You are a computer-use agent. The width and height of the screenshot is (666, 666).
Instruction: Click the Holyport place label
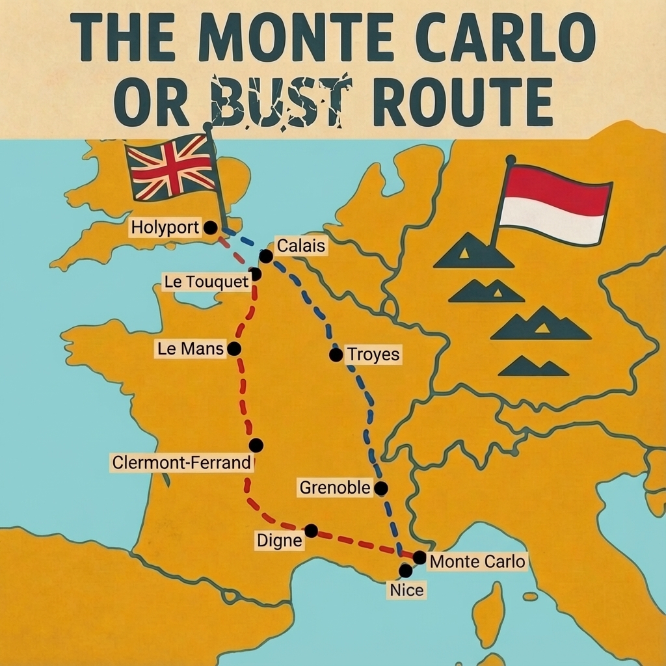click(x=165, y=228)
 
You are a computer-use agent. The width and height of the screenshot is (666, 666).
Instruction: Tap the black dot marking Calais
click(x=265, y=256)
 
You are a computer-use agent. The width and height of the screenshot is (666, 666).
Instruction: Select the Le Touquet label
click(x=206, y=282)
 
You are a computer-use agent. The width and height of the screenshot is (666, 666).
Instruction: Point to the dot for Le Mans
click(x=234, y=349)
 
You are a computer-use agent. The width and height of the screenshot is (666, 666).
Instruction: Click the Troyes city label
click(x=373, y=355)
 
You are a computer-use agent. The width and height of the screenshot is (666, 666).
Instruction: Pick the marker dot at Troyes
click(x=336, y=354)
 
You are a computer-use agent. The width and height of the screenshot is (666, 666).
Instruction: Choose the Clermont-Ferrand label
click(x=181, y=463)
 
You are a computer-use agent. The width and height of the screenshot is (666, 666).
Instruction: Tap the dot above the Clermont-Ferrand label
click(x=256, y=446)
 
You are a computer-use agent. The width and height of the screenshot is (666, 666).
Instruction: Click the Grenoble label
click(x=334, y=487)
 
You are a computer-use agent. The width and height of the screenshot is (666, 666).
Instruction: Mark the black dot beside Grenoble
click(x=381, y=488)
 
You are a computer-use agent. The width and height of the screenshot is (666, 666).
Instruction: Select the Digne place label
click(x=280, y=540)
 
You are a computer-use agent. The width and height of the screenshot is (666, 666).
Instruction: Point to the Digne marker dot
click(x=312, y=531)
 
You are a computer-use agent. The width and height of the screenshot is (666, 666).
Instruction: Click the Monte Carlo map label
click(x=477, y=561)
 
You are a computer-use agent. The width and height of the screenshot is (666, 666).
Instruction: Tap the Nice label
click(x=406, y=591)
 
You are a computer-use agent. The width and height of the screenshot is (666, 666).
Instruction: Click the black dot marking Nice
click(x=405, y=571)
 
